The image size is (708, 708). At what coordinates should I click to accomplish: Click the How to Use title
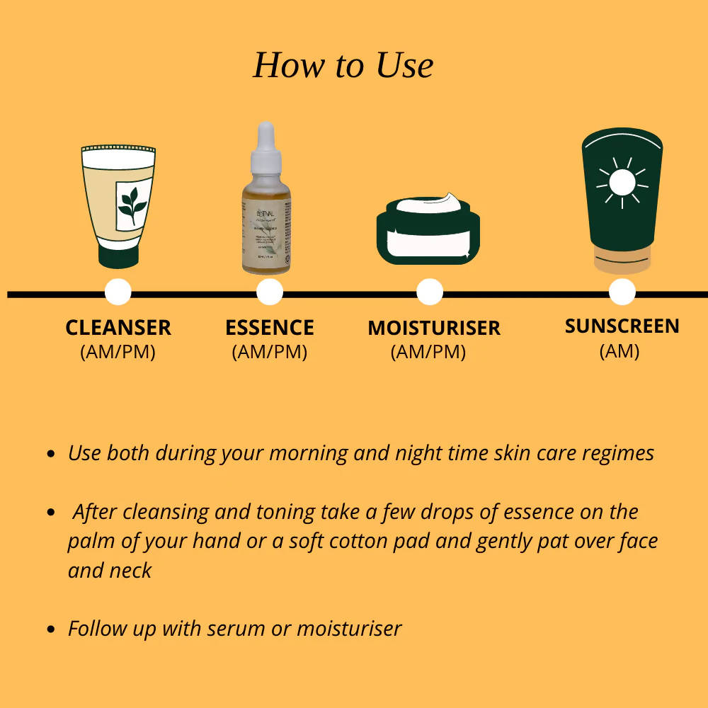click(x=343, y=65)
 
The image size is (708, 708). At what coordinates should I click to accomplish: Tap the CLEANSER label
click(x=118, y=328)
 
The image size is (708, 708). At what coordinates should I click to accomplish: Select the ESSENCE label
click(x=270, y=328)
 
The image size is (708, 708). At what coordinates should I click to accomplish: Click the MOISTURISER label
click(x=433, y=329)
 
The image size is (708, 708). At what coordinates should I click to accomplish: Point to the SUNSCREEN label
click(x=622, y=326)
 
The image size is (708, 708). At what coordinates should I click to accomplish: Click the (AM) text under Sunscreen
click(x=619, y=350)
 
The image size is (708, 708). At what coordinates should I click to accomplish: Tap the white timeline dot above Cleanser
click(x=118, y=292)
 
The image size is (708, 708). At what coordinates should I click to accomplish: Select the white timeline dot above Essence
click(x=270, y=292)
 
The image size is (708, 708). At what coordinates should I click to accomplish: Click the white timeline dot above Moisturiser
click(x=430, y=292)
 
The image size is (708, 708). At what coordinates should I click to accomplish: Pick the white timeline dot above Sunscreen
click(x=622, y=292)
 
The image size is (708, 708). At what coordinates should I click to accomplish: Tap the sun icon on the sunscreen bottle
click(x=622, y=182)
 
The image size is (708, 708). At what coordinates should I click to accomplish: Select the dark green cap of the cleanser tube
click(x=118, y=256)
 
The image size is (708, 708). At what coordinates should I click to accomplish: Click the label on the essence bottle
click(x=265, y=237)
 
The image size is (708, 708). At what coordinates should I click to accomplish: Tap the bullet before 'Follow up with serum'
click(x=50, y=629)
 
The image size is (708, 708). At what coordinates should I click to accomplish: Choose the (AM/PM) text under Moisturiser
click(x=428, y=352)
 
